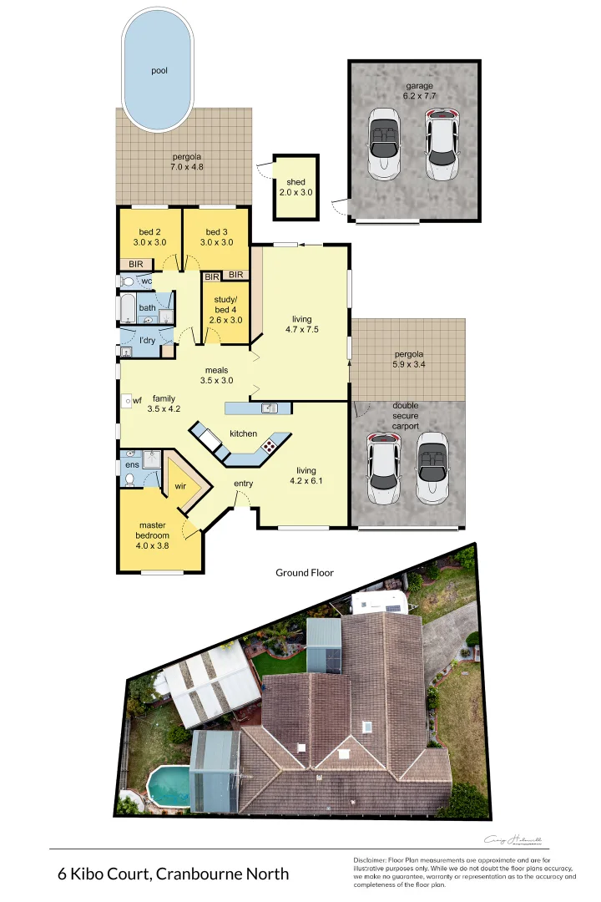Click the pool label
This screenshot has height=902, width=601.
pyautogui.click(x=159, y=71)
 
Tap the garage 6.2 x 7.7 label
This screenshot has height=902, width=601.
pyautogui.click(x=421, y=91)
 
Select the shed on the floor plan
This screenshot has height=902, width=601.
pyautogui.click(x=295, y=186)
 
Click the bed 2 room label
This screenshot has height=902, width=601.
pyautogui.click(x=149, y=237)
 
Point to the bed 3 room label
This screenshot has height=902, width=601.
pyautogui.click(x=216, y=237)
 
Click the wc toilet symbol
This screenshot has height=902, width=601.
pyautogui.click(x=128, y=282)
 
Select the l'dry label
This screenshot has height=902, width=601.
pyautogui.click(x=148, y=341)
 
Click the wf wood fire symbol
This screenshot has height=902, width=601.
pyautogui.click(x=126, y=401)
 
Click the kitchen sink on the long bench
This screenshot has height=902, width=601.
pyautogui.click(x=270, y=408)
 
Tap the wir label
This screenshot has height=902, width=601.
pyautogui.click(x=180, y=486)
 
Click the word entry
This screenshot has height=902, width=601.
pyautogui.click(x=243, y=484)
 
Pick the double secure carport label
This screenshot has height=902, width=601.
pyautogui.click(x=406, y=416)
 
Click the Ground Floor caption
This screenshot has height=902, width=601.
pyautogui.click(x=305, y=573)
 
